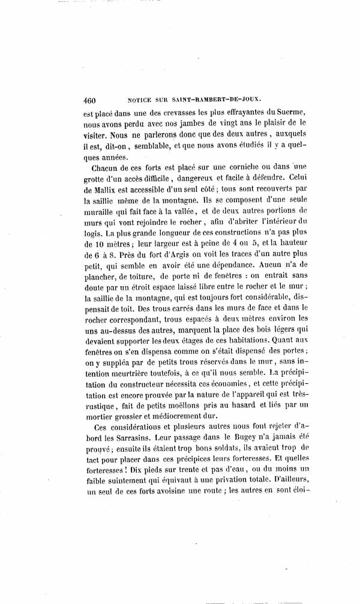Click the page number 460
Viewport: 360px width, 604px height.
95,101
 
